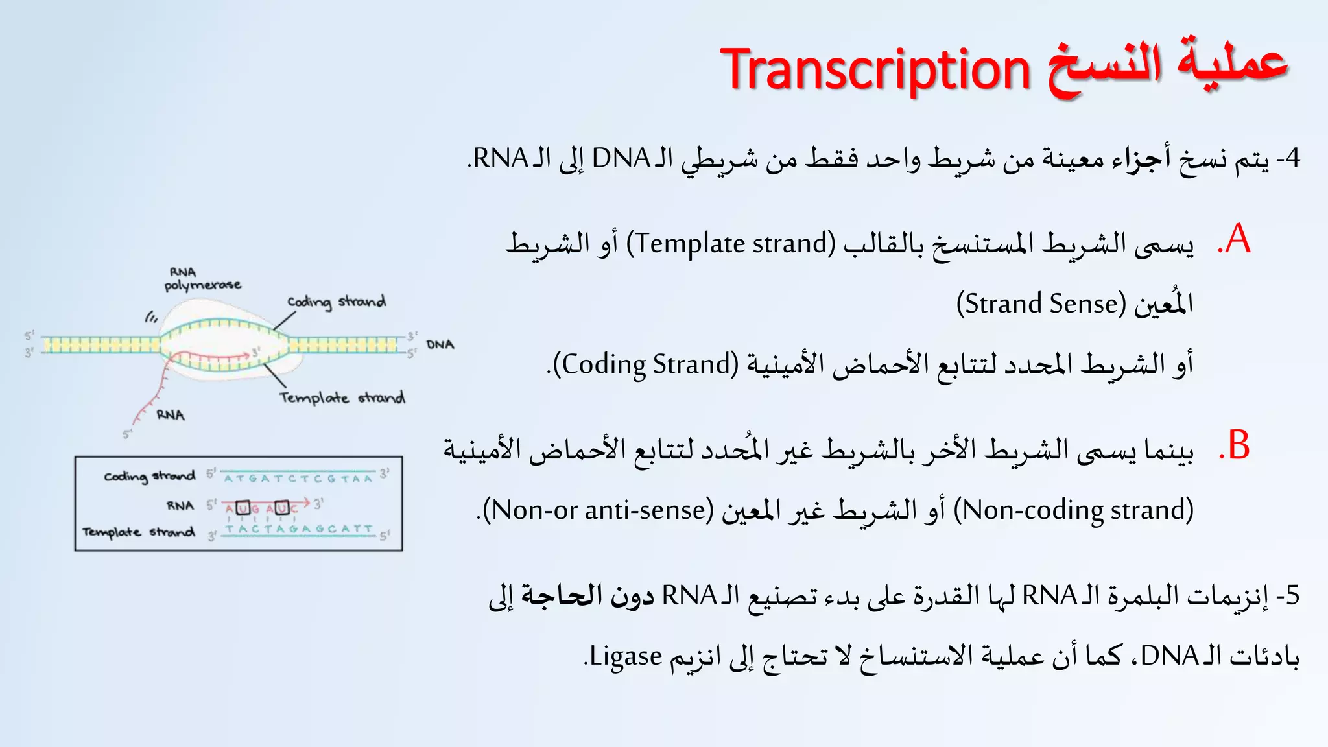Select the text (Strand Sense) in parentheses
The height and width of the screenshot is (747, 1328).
[x=1041, y=303]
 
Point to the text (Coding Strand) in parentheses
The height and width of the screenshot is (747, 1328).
[x=646, y=364]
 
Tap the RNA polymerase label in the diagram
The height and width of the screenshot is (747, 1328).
[x=201, y=279]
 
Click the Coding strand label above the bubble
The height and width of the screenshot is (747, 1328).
[x=337, y=302]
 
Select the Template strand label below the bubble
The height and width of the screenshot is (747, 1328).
[x=342, y=397]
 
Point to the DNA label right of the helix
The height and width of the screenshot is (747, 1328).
[x=440, y=344]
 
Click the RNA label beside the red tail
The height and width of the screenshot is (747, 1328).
[x=171, y=415]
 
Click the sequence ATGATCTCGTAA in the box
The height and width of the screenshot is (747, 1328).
[x=298, y=479]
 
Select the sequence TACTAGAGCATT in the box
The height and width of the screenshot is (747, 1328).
[x=299, y=529]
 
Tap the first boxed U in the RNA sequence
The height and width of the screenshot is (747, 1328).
[x=243, y=508]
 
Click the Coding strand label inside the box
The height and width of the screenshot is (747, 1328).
[x=150, y=477]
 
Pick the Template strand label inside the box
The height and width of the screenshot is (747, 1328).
[x=138, y=532]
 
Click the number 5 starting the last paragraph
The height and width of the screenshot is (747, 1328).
[x=1292, y=595]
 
